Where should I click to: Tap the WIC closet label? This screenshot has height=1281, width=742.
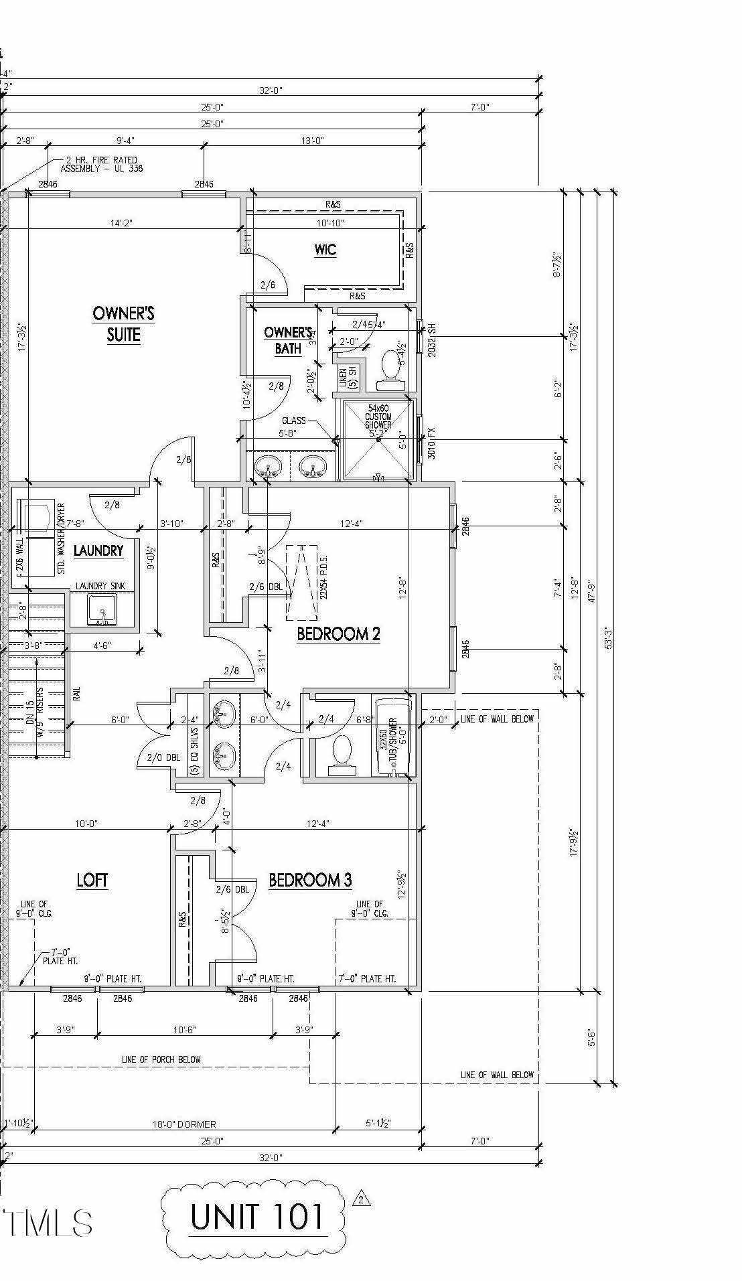point(325,250)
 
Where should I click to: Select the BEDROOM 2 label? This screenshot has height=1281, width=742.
point(338,633)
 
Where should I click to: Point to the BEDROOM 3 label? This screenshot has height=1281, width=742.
point(310,879)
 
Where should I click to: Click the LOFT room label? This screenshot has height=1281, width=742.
point(92,879)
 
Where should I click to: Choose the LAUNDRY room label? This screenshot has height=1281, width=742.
point(98,550)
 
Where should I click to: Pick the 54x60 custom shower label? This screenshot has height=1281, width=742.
point(378,417)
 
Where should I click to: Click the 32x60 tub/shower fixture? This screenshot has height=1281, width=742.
point(393,737)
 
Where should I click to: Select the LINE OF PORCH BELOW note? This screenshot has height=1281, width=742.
point(161,1059)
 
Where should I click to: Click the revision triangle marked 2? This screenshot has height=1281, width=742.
point(362,1199)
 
